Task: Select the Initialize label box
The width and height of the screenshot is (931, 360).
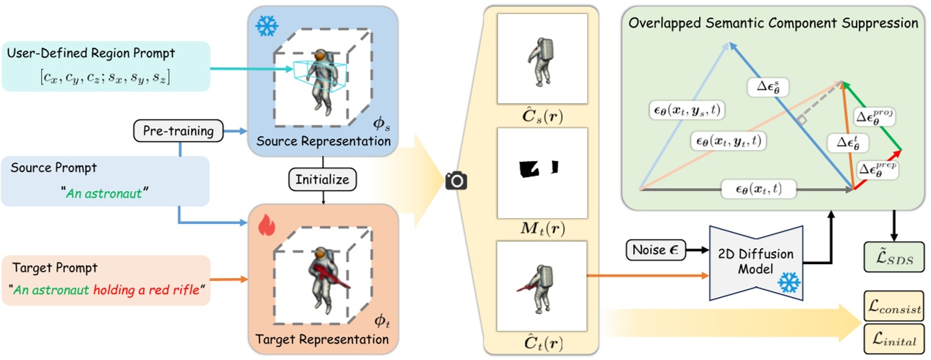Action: [x=322, y=178]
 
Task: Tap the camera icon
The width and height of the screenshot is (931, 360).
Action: [x=456, y=180]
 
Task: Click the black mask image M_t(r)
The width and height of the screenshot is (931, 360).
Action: [x=542, y=170]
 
